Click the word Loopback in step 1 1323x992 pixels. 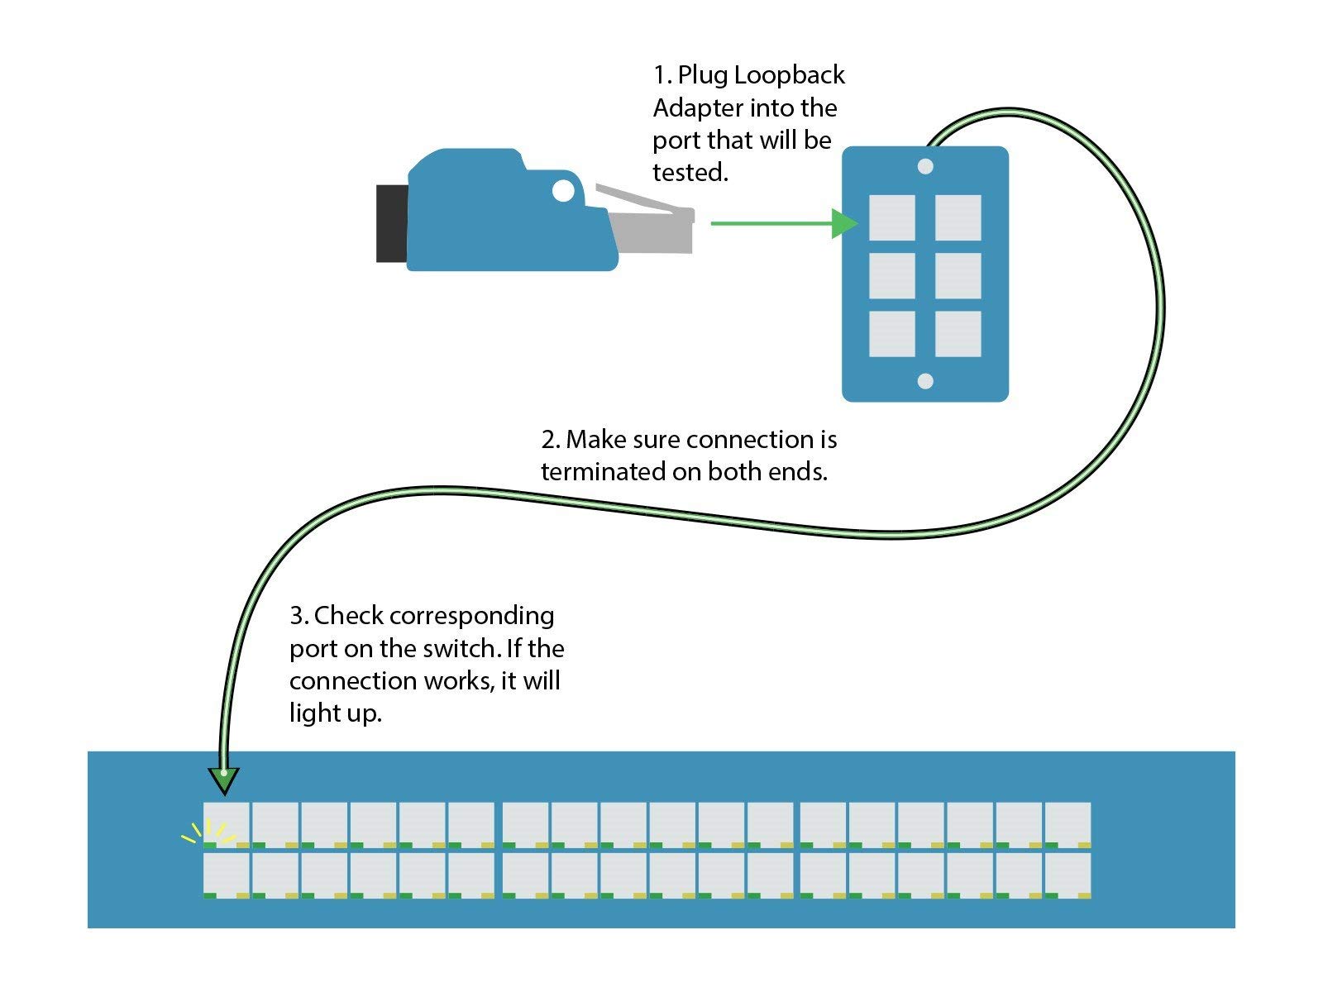[789, 75]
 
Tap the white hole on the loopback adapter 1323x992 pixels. [563, 191]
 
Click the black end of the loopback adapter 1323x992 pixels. [391, 223]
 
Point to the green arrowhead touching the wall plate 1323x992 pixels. [844, 223]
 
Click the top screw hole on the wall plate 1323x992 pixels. [925, 166]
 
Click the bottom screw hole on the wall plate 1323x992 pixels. [925, 381]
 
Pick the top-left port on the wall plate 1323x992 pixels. [891, 217]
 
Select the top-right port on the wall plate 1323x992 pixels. [958, 217]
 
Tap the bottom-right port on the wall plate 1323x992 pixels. [958, 334]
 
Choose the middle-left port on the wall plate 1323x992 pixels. [891, 275]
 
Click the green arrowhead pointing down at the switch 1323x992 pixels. [223, 779]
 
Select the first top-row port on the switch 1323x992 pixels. [227, 823]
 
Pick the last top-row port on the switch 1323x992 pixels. [1067, 823]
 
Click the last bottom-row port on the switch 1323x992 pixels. [1067, 874]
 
